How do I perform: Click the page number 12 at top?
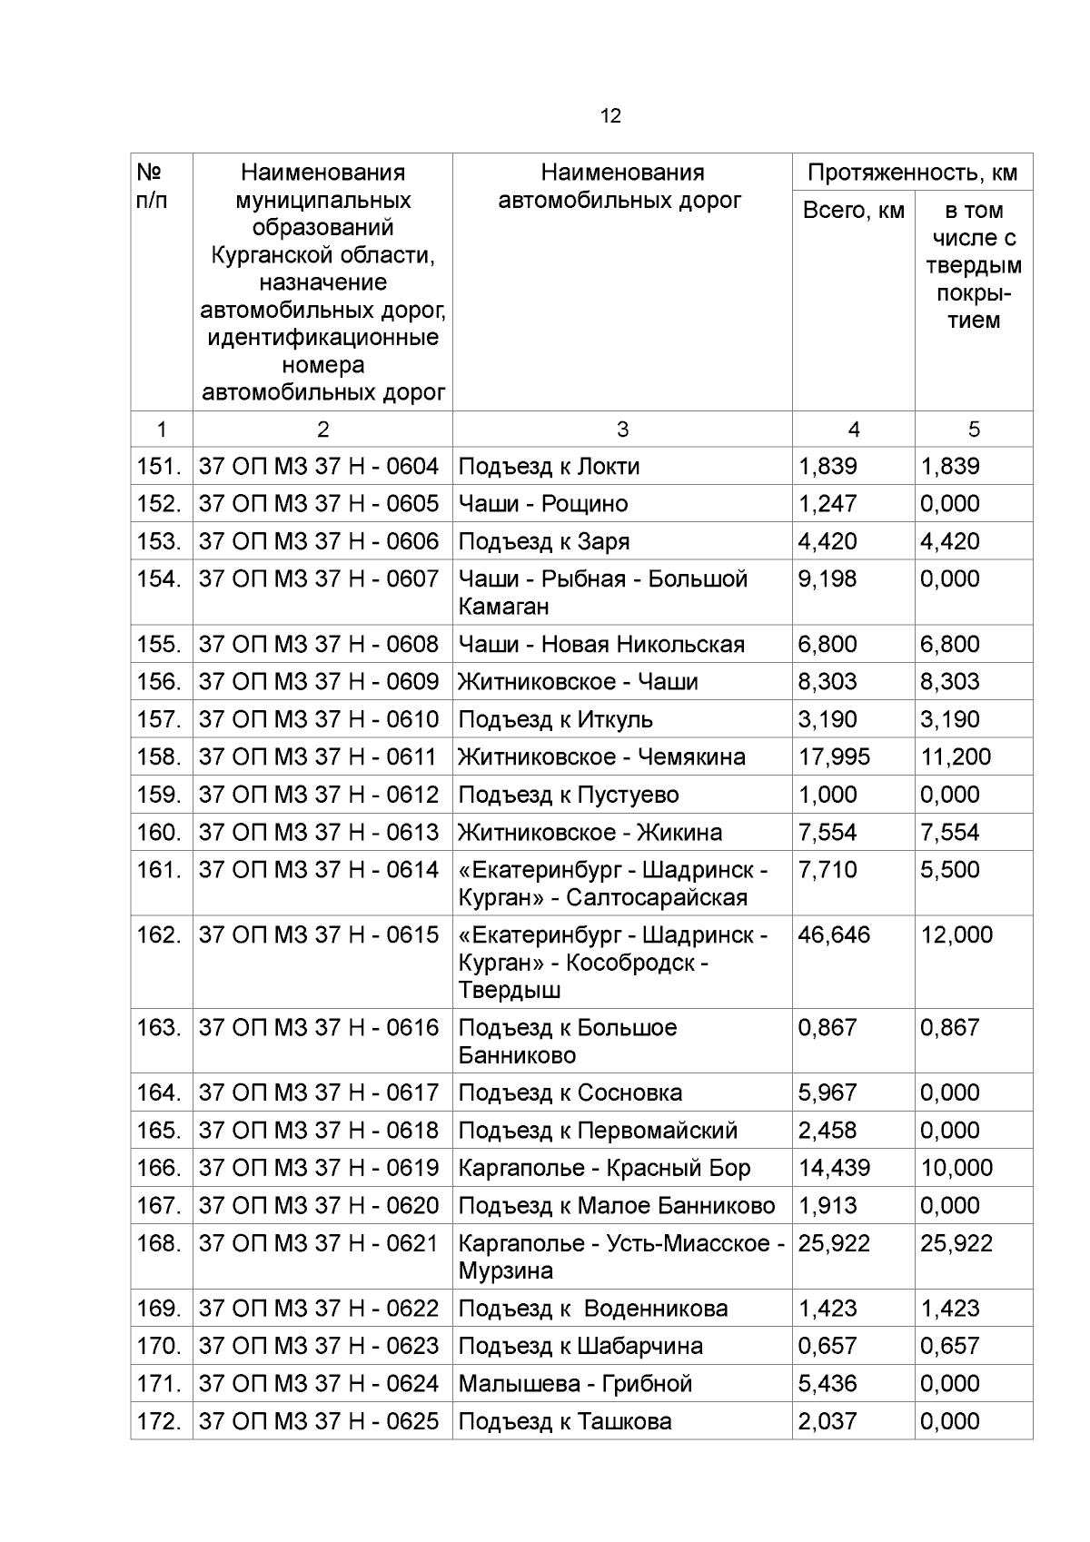[610, 116]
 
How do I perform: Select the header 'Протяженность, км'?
[912, 173]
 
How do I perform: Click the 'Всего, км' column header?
[853, 211]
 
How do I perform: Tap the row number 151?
[160, 466]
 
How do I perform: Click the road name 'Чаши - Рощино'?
[542, 504]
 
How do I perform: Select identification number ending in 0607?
[318, 578]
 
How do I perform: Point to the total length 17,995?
[833, 756]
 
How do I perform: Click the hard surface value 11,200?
[956, 756]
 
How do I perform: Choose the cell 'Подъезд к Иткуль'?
[555, 719]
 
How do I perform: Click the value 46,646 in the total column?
[833, 934]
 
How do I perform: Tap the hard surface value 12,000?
[956, 934]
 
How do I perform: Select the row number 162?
[160, 934]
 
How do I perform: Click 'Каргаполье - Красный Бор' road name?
[604, 1168]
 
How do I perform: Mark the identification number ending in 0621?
[318, 1242]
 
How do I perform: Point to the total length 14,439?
[833, 1168]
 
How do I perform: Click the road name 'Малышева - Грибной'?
[575, 1383]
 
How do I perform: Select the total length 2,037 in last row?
[827, 1421]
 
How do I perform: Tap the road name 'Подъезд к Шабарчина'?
[580, 1346]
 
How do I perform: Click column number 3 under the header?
[621, 430]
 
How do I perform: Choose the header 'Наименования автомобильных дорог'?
[621, 186]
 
